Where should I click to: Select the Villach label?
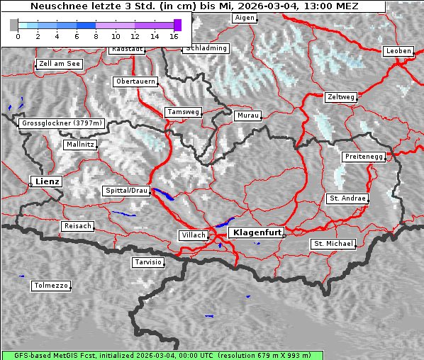(193, 235)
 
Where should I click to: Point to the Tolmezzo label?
(51, 286)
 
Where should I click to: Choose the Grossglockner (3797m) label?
(62, 123)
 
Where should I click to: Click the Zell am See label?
(60, 64)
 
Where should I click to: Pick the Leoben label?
(398, 51)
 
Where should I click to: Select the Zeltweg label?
(341, 96)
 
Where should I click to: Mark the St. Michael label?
(333, 244)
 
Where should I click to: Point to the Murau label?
(248, 115)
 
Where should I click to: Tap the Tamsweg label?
(184, 112)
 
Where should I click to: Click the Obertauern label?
(135, 81)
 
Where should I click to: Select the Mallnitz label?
(79, 144)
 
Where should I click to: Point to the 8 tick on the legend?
(96, 35)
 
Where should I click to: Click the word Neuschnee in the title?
(53, 6)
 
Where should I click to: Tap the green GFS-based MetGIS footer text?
(156, 355)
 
